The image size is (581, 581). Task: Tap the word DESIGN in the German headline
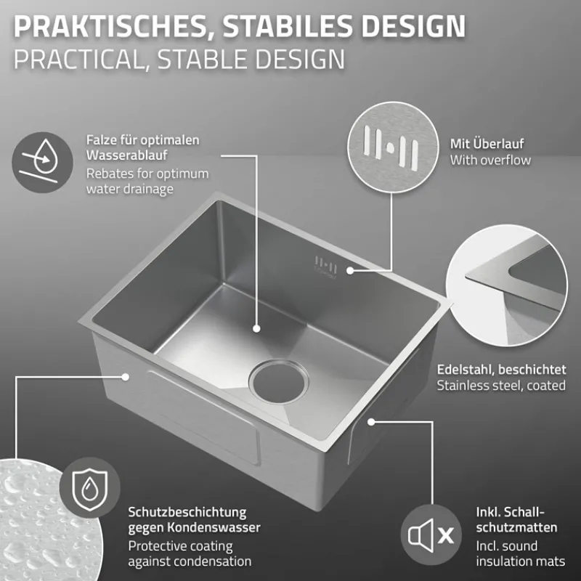[x=413, y=26]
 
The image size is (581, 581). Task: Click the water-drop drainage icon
[x=42, y=162]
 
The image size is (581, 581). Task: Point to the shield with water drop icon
[x=89, y=487]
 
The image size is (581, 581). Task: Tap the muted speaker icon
[x=431, y=535]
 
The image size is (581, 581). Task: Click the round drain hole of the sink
[x=279, y=383]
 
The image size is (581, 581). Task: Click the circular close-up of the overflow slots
[x=393, y=147]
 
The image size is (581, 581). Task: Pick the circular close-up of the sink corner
[x=507, y=285]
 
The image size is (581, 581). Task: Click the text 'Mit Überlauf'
[x=487, y=143]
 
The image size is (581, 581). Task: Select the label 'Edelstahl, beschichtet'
[x=501, y=370]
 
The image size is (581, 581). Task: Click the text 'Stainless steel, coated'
[x=501, y=386]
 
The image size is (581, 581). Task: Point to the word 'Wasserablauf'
[x=126, y=155]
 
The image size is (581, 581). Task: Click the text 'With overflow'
[x=490, y=160]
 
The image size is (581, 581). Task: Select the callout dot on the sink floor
[x=256, y=328]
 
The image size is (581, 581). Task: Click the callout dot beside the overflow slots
[x=350, y=271]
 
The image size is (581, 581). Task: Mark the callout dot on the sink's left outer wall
[x=126, y=377]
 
